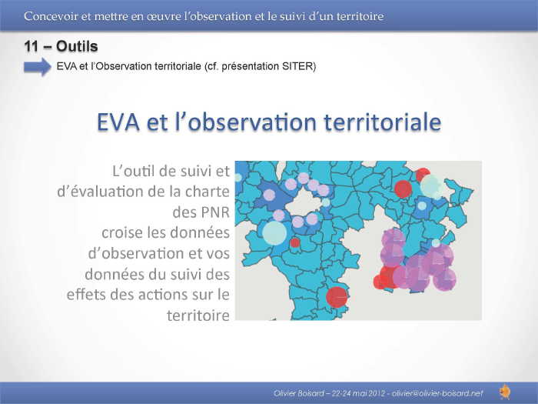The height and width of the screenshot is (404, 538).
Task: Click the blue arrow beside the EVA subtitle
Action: [38, 67]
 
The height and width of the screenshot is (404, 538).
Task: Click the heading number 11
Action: [31, 46]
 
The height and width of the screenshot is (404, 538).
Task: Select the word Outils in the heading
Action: [77, 46]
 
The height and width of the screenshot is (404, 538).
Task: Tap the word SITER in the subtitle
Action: [297, 66]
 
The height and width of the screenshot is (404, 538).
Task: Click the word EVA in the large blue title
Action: [118, 122]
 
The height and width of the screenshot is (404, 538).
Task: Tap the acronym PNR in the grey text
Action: [215, 212]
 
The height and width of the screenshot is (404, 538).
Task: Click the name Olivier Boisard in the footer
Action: [298, 393]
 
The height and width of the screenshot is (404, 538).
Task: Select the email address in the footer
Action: [437, 393]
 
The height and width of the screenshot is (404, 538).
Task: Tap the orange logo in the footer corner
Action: [505, 392]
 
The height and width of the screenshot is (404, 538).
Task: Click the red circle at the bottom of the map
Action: [337, 297]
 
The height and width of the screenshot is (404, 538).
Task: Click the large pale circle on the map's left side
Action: [274, 233]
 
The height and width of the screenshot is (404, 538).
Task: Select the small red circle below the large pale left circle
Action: [294, 242]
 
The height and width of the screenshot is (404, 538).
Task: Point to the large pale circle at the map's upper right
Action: [431, 185]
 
